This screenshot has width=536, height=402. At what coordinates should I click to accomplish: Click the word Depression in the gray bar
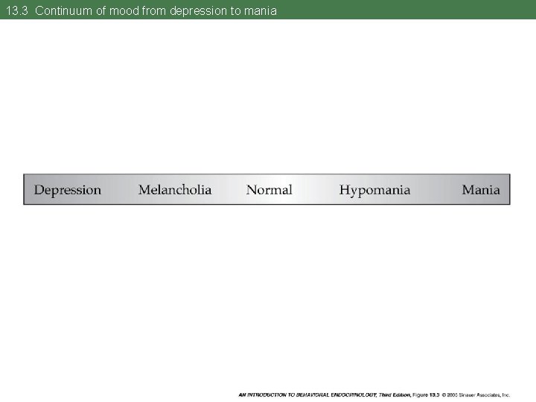68,190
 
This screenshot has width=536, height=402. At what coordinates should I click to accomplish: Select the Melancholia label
175,190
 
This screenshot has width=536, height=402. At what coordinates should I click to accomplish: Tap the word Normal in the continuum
269,190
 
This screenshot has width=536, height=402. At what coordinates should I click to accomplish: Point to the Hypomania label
374,190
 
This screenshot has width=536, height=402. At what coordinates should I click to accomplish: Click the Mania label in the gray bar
481,190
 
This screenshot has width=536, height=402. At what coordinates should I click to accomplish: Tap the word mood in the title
124,10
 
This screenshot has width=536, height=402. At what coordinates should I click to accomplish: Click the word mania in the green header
260,10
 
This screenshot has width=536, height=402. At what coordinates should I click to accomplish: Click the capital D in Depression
38,190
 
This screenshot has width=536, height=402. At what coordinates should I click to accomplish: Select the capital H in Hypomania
345,190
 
